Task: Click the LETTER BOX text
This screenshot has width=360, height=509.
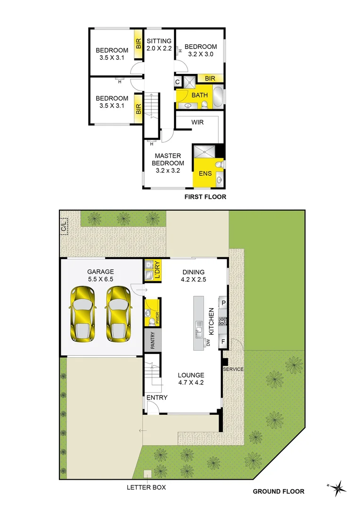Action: [146, 487]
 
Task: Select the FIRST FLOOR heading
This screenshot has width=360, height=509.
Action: [205, 197]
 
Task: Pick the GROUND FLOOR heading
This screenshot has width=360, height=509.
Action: [278, 491]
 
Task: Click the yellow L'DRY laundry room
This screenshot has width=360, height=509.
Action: [153, 271]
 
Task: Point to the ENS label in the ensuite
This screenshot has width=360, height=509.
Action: [205, 173]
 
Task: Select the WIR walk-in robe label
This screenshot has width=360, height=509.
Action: [197, 122]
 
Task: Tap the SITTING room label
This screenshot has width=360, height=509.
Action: [159, 45]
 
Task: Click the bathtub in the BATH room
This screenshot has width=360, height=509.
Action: [218, 96]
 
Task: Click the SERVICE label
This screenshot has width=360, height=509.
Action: [233, 369]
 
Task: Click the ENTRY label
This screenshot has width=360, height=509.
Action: [156, 398]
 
